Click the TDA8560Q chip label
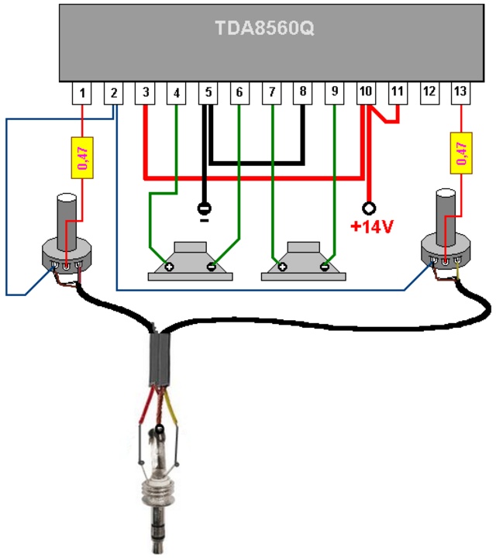click(x=265, y=28)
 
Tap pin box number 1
click(x=82, y=94)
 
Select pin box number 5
click(x=208, y=94)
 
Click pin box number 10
click(x=366, y=94)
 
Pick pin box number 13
click(x=461, y=94)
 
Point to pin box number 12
click(x=429, y=94)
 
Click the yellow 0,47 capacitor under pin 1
click(x=82, y=157)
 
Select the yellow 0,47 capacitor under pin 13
click(x=461, y=153)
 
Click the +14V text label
click(x=372, y=226)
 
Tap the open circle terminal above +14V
click(x=369, y=208)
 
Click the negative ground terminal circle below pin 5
click(x=205, y=209)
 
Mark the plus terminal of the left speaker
click(x=170, y=267)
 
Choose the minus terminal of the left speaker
click(x=212, y=267)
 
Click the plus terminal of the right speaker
click(x=283, y=267)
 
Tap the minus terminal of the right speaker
click(x=325, y=267)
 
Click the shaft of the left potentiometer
click(x=67, y=222)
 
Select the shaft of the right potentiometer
click(x=446, y=217)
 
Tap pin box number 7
click(x=271, y=94)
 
